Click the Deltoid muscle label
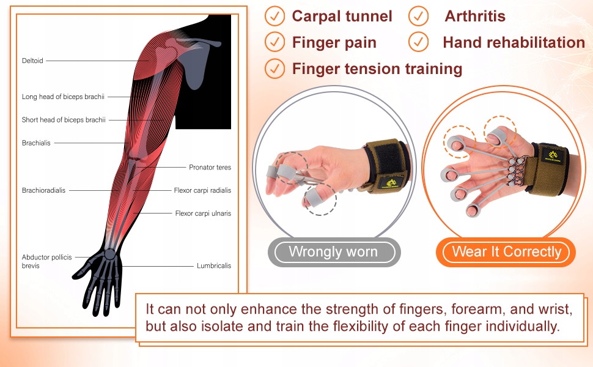pos(32,61)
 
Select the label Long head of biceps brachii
pos(63,97)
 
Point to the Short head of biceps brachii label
pos(64,120)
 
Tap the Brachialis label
pos(36,143)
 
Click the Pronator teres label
pos(210,167)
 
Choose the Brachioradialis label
pos(43,190)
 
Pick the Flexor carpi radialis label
pos(202,190)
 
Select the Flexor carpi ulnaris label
pos(203,213)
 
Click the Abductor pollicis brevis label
pos(46,261)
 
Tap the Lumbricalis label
pos(214,265)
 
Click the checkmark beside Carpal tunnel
pos(274,17)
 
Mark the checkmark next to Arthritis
pos(418,17)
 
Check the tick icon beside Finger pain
pos(274,42)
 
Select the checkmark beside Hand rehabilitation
pos(418,42)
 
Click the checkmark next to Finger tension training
pos(274,69)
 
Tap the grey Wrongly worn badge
pos(334,252)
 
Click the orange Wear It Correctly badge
pos(506,252)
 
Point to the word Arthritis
pos(475,17)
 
